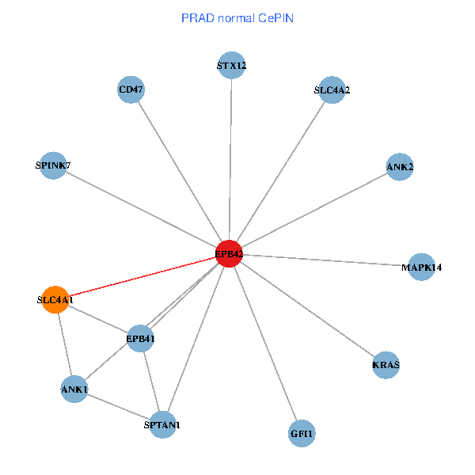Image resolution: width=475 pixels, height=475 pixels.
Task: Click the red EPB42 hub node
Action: tap(229, 253)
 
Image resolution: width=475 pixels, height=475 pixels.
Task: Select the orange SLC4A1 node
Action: tap(55, 300)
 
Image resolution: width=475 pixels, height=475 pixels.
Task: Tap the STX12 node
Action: tap(231, 66)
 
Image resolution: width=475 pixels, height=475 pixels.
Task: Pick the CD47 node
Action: tap(131, 89)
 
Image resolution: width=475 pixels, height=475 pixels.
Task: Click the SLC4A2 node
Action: tap(332, 90)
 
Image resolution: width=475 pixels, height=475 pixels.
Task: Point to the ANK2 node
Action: tap(400, 167)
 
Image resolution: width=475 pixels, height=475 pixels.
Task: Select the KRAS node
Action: tap(386, 365)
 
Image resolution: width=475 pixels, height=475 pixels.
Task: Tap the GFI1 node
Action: tap(302, 433)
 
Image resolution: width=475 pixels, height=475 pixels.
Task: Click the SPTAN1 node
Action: tap(162, 425)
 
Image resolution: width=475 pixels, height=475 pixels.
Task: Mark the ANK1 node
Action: tap(74, 389)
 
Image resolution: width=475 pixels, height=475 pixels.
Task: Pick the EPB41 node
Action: tap(140, 339)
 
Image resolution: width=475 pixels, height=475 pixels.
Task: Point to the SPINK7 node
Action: tap(53, 165)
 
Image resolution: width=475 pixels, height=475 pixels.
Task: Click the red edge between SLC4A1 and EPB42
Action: tap(142, 276)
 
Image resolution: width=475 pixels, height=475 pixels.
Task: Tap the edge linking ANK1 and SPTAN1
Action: tap(119, 407)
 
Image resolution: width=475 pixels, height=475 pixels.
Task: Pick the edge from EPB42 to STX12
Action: tap(230, 158)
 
